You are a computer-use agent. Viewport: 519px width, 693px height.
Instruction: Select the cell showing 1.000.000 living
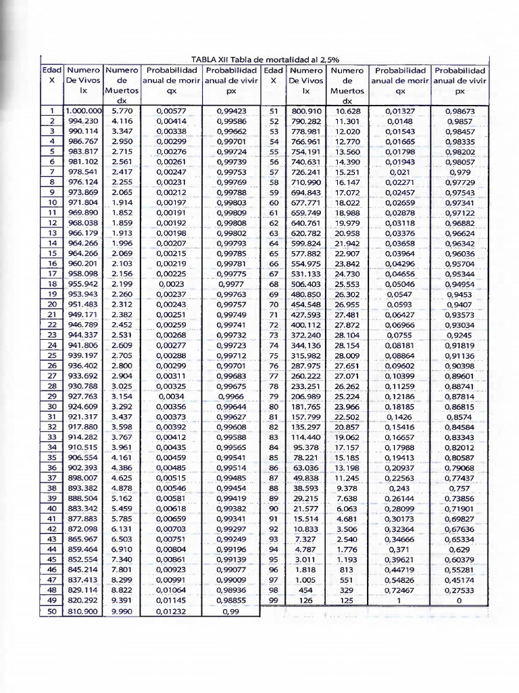[83, 110]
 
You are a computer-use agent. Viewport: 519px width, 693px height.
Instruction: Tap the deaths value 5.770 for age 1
[122, 110]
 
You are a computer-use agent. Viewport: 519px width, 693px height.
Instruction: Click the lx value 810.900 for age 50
[83, 611]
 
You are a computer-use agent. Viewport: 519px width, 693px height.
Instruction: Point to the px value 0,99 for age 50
[231, 611]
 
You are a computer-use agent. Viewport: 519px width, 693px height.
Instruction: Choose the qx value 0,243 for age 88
[401, 488]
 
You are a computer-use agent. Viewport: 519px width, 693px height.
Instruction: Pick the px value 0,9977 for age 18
[231, 284]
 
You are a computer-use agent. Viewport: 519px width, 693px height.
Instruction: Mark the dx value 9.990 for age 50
[122, 611]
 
